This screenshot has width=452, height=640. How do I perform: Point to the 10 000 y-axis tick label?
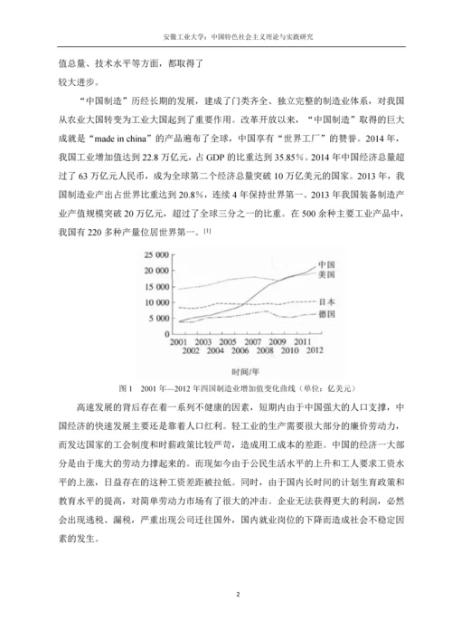click(x=158, y=301)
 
